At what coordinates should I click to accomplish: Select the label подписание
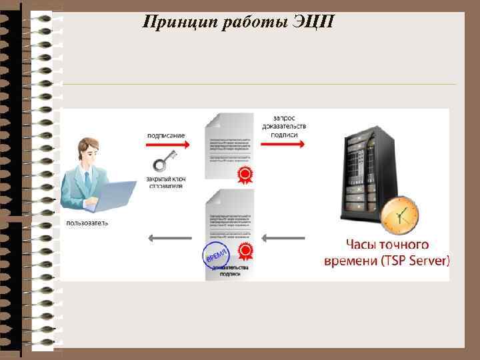pyautogui.click(x=166, y=135)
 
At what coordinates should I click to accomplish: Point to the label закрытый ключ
pyautogui.click(x=166, y=178)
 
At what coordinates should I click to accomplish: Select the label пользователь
pyautogui.click(x=87, y=222)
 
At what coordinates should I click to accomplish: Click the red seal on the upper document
pyautogui.click(x=245, y=175)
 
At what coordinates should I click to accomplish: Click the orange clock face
pyautogui.click(x=400, y=215)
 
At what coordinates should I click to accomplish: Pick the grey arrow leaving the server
pyautogui.click(x=285, y=237)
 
